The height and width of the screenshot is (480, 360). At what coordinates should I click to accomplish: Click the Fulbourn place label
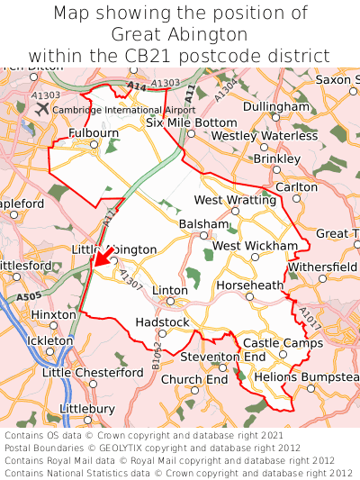click(x=94, y=133)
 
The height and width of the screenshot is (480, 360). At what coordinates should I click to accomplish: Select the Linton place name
click(x=170, y=291)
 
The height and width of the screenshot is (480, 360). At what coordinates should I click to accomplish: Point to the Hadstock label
click(x=162, y=322)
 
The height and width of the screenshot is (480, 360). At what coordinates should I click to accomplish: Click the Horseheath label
click(x=250, y=285)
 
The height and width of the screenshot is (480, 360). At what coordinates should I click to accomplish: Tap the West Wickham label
click(x=255, y=246)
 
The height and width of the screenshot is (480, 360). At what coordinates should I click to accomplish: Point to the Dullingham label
click(x=275, y=106)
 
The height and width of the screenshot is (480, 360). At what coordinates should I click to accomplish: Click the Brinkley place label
click(x=276, y=158)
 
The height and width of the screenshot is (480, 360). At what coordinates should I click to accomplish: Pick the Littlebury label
click(x=87, y=408)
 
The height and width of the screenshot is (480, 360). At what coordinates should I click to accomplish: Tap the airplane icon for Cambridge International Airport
click(x=42, y=108)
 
